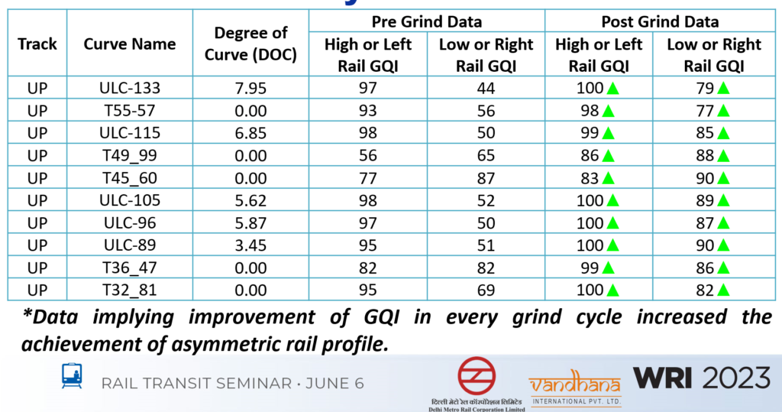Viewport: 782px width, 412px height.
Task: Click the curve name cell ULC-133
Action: tap(129, 88)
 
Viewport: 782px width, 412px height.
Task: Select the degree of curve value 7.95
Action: tap(250, 88)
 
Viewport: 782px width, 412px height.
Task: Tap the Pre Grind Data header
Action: tap(426, 21)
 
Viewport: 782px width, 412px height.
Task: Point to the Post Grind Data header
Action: tap(660, 21)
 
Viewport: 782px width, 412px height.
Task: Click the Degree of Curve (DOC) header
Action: tap(250, 44)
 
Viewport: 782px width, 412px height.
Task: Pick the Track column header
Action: tap(37, 44)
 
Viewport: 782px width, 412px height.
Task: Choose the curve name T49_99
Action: tap(129, 155)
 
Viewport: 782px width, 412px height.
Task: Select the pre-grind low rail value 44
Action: tap(486, 88)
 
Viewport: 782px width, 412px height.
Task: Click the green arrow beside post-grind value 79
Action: tap(723, 88)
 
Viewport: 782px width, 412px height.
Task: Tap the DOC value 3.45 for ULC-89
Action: tap(250, 245)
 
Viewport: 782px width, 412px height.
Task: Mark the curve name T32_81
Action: tap(129, 290)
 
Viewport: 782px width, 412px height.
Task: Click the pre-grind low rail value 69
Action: tap(486, 290)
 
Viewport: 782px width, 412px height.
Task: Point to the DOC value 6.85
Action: tap(250, 133)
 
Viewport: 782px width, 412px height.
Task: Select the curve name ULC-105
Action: tap(129, 200)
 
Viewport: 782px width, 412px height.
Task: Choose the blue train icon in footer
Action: tap(73, 376)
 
